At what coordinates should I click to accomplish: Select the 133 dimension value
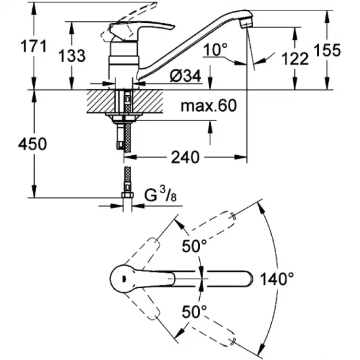click(x=72, y=56)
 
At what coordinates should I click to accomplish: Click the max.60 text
click(x=209, y=107)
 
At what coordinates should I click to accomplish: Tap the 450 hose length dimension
click(x=17, y=144)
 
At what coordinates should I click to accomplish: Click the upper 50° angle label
click(x=194, y=246)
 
